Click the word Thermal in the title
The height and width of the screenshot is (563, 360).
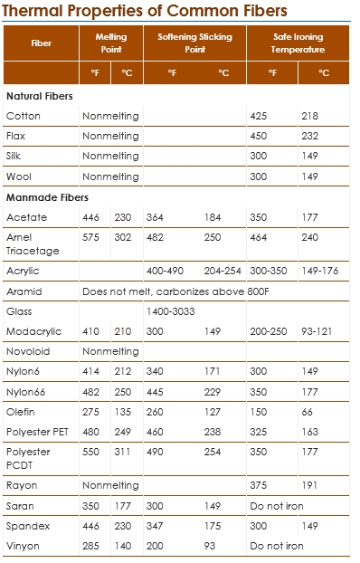34,12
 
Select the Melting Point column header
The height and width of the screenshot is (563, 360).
110,43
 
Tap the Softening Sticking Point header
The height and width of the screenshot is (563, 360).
194,43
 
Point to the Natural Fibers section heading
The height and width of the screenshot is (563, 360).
39,96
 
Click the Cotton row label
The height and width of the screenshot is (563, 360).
23,116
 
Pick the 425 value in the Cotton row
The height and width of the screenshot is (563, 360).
261,116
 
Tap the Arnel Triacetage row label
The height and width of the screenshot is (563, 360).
28,243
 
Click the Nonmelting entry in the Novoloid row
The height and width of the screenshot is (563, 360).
110,351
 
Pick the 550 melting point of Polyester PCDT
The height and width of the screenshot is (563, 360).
91,451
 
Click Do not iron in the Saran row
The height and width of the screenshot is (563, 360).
276,506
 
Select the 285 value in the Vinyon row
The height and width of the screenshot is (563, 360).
91,546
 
